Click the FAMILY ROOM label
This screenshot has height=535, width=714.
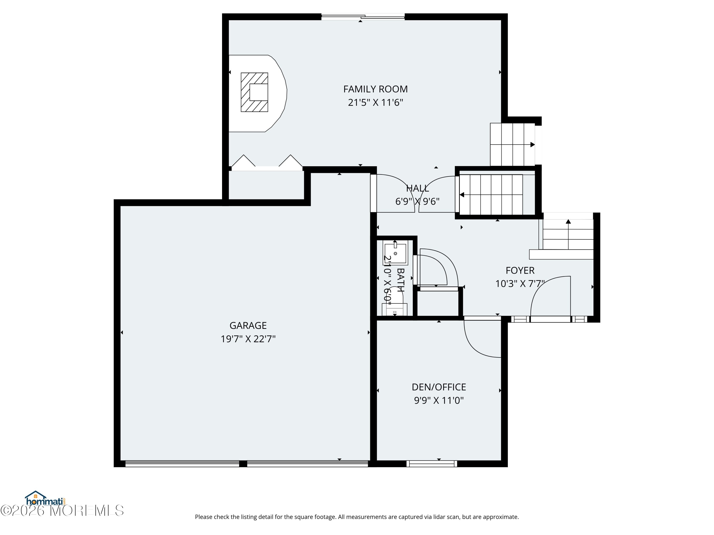pos(375,89)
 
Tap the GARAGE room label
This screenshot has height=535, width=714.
pos(248,325)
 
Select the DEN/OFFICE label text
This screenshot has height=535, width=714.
pos(439,387)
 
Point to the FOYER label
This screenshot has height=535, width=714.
pos(520,270)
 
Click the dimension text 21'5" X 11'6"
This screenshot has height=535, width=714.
pos(375,102)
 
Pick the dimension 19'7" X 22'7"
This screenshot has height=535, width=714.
pos(248,339)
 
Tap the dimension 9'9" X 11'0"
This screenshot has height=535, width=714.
pos(439,400)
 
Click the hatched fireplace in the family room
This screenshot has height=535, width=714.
pos(254,92)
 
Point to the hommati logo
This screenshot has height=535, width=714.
pos(45,499)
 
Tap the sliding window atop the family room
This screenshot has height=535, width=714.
pos(363,17)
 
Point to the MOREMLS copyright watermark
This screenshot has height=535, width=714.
pos(62,511)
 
